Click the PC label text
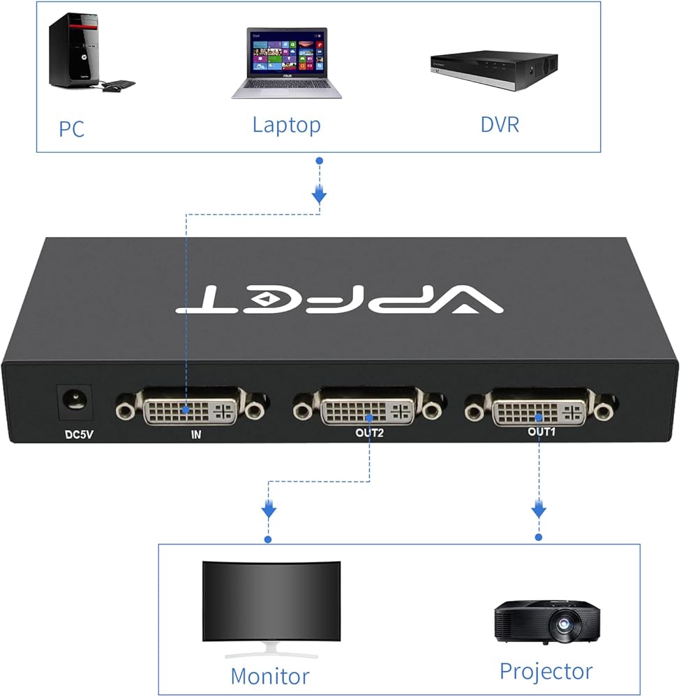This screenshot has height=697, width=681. (71, 130)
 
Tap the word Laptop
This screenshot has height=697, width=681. (286, 125)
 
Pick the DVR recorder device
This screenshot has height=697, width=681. (493, 70)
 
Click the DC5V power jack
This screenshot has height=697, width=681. (73, 401)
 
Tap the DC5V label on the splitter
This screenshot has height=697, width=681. (78, 436)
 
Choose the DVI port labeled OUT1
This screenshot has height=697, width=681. (539, 412)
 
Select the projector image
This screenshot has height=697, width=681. (546, 620)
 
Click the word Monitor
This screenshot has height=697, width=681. (269, 675)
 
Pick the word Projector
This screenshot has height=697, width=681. (546, 671)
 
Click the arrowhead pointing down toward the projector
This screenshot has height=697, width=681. (539, 511)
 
